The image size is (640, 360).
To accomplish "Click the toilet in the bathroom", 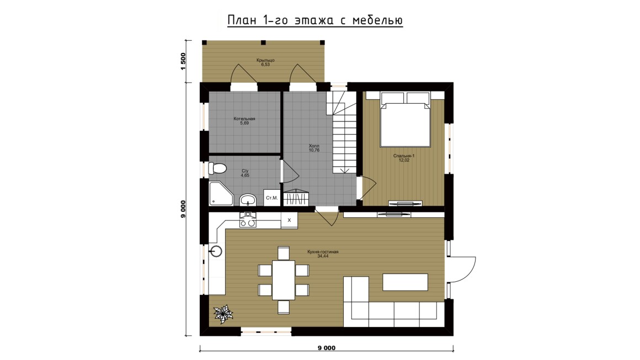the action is click(x=217, y=168).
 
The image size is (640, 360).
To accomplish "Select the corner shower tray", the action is click(x=220, y=194).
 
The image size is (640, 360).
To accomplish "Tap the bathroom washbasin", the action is click(x=248, y=200).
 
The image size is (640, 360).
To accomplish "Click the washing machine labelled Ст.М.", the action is click(x=272, y=198).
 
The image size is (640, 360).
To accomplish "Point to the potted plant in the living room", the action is click(x=223, y=314).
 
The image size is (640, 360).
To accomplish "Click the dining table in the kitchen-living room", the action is click(x=284, y=280).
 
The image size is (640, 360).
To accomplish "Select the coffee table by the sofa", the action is click(x=405, y=282).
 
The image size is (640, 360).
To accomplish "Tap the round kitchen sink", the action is click(x=216, y=251).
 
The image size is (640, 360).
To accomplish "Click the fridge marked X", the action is click(x=290, y=220).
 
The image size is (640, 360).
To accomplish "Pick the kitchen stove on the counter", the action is click(x=248, y=220).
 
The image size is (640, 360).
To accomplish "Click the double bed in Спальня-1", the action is click(x=405, y=120).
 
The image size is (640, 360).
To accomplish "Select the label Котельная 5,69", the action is click(x=244, y=121).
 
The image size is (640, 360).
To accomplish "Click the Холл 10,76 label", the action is click(x=314, y=148).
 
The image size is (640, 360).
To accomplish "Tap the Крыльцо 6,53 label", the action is click(x=265, y=62).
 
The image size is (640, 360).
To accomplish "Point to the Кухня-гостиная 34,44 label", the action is click(x=323, y=254).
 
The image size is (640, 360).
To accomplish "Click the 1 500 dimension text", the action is click(x=183, y=61).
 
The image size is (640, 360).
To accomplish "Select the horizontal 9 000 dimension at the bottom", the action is click(x=327, y=348).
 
